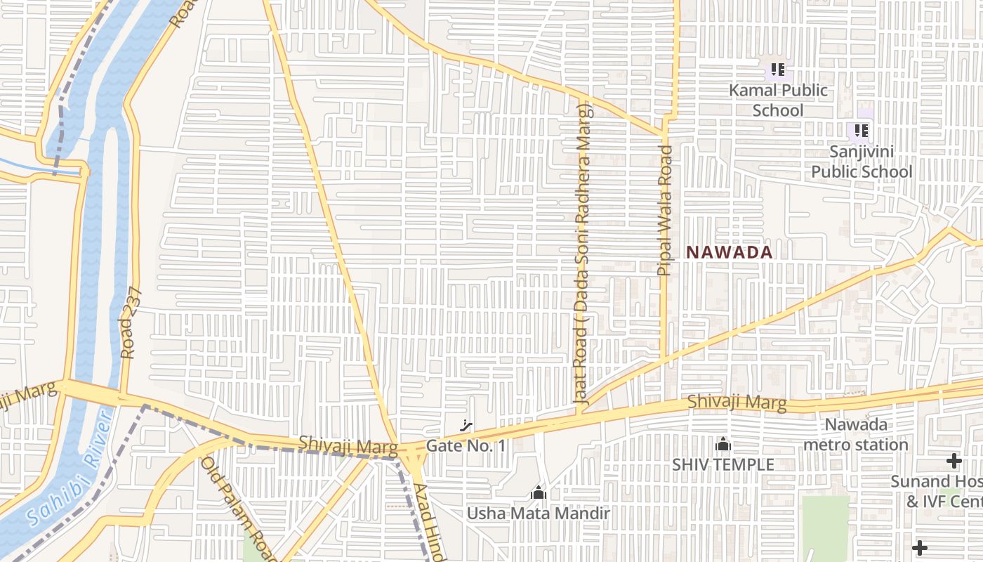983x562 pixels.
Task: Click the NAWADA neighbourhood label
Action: click(729, 252)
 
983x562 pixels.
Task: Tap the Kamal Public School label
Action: click(778, 100)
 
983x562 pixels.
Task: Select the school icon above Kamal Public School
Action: click(777, 70)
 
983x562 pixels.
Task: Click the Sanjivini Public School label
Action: click(862, 162)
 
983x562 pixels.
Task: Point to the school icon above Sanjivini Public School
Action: click(862, 131)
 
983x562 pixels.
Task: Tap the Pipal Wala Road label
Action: click(665, 210)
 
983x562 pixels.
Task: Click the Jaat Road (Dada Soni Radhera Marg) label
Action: click(582, 253)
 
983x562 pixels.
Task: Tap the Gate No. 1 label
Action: click(466, 446)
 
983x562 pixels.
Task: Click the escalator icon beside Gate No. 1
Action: click(466, 425)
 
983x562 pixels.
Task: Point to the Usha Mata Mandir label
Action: click(539, 514)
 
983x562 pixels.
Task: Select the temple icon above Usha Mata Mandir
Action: click(539, 493)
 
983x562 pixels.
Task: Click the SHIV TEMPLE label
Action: click(723, 464)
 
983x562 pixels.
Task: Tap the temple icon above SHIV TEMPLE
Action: click(723, 445)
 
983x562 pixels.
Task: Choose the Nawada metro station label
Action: click(856, 434)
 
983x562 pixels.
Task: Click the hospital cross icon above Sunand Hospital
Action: click(954, 461)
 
